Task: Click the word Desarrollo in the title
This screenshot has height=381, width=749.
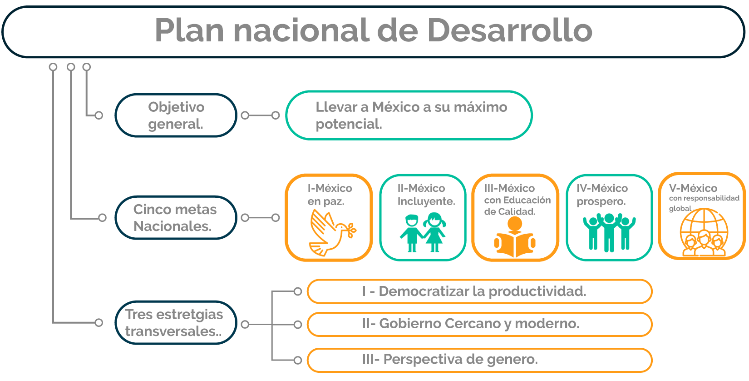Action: (x=510, y=30)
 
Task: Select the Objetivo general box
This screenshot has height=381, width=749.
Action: (x=176, y=115)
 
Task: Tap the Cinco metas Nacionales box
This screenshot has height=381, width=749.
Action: (x=176, y=218)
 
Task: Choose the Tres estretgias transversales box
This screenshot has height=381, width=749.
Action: (x=176, y=323)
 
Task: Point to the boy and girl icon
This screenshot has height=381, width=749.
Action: (x=423, y=232)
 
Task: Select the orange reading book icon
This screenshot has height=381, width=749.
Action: (x=515, y=237)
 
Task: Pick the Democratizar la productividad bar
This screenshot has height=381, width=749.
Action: (x=479, y=291)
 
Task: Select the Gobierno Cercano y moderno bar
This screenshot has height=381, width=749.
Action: (x=479, y=324)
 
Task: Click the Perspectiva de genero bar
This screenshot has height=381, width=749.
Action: (x=479, y=360)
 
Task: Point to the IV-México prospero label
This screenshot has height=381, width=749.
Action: (x=602, y=195)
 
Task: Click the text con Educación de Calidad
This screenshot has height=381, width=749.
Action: (x=517, y=206)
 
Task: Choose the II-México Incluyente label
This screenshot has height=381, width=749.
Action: (x=426, y=195)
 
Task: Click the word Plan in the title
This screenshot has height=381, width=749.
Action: (x=189, y=30)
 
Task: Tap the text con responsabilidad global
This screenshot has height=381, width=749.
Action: (x=704, y=203)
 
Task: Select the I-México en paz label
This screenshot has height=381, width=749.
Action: (x=330, y=195)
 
